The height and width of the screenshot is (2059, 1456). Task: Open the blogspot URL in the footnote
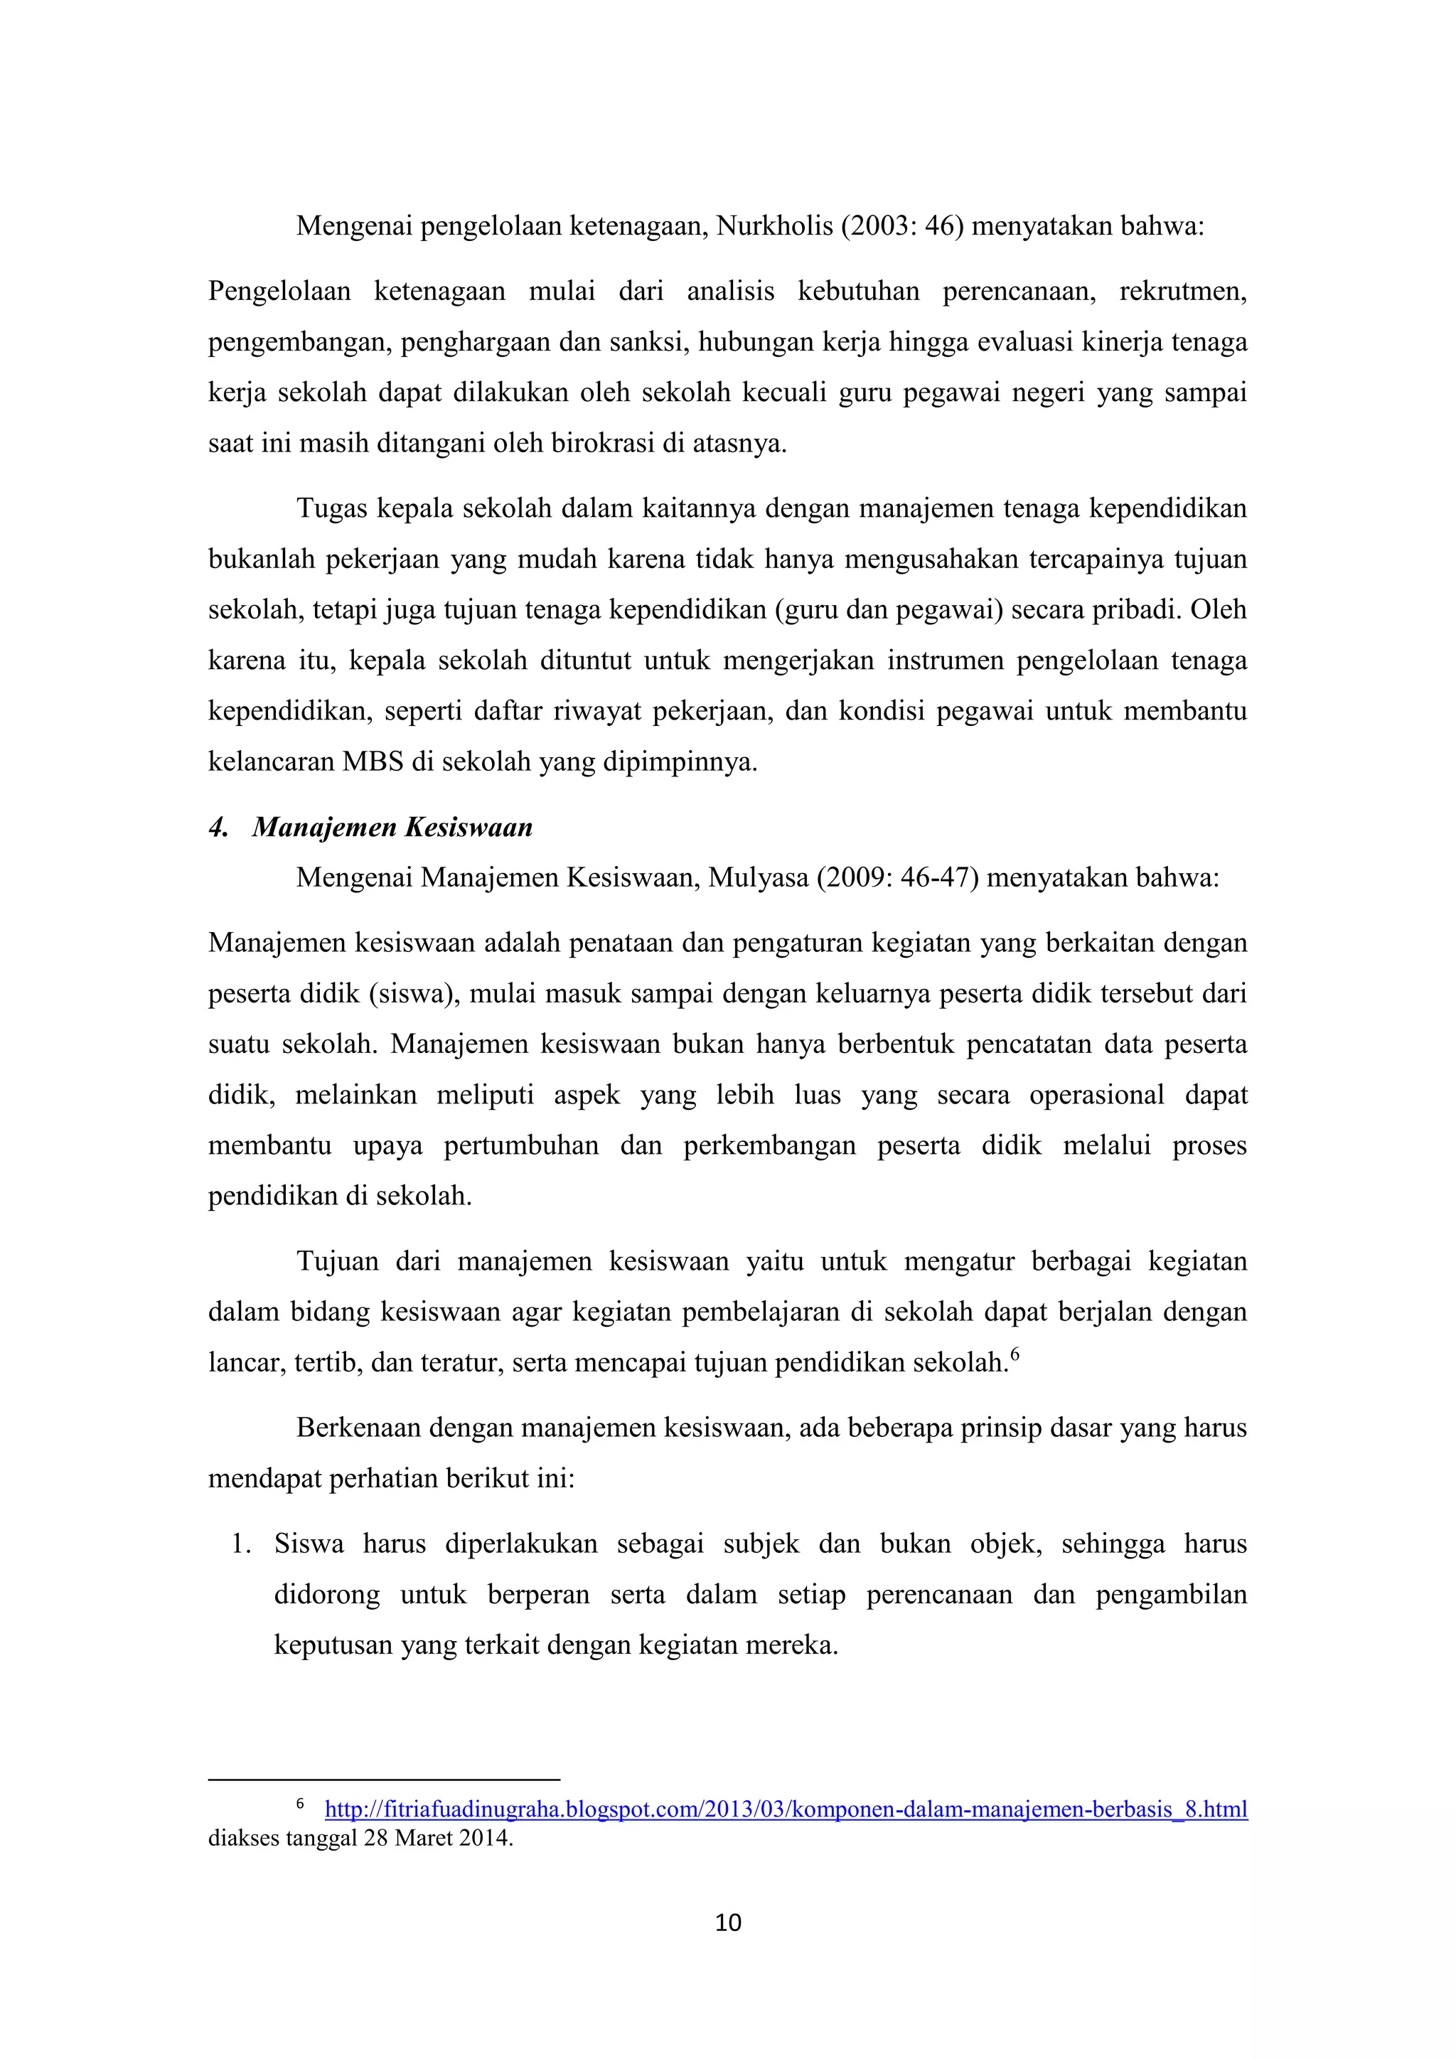[786, 1809]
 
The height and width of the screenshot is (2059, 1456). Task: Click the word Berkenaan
[358, 1428]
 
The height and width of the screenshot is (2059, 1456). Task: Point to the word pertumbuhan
[521, 1146]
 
